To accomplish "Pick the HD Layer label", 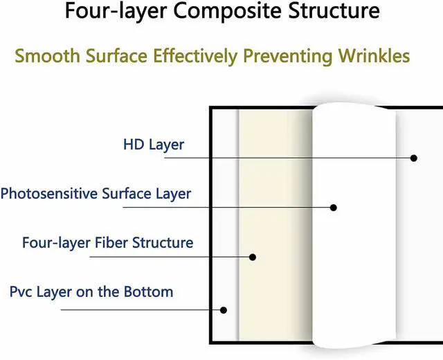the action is [154, 145].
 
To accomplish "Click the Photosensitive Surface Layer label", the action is [96, 193].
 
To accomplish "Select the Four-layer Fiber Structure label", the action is [107, 243].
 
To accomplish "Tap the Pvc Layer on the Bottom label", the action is [91, 291].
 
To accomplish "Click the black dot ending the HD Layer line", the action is [414, 158].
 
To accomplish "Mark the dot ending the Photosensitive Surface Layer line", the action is [334, 207].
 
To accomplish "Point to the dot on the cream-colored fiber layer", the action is [253, 257].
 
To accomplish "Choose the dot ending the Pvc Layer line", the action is [223, 309].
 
